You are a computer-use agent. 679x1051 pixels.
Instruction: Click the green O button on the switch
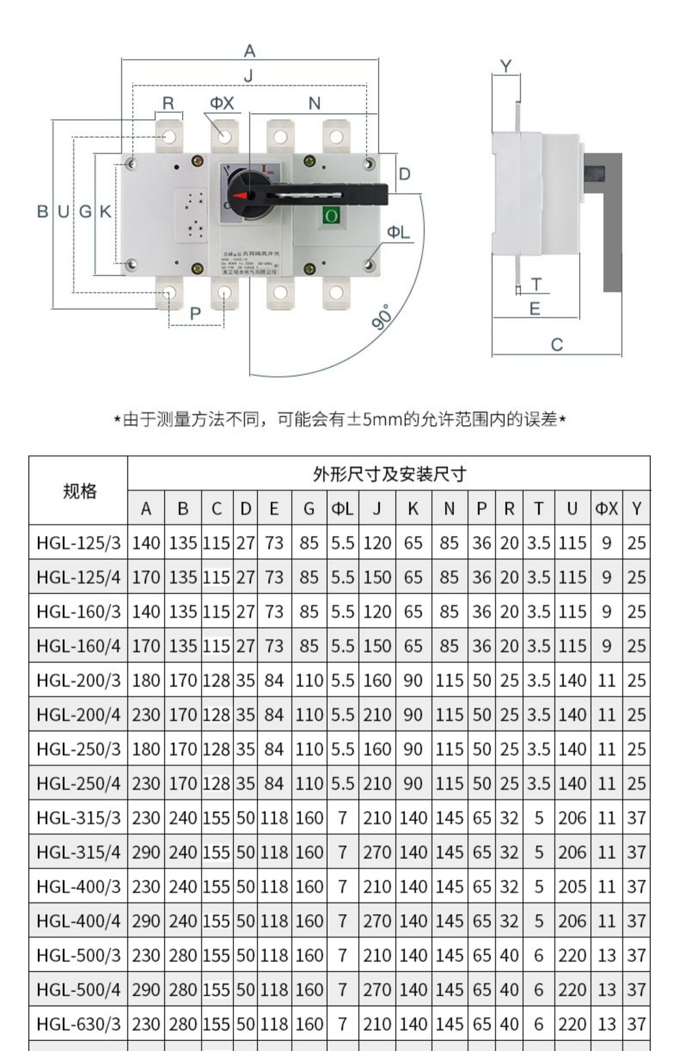[331, 215]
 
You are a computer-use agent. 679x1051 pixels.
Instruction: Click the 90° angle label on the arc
[382, 317]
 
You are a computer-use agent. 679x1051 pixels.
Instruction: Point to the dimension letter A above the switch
[249, 51]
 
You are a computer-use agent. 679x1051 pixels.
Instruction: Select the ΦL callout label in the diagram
[398, 232]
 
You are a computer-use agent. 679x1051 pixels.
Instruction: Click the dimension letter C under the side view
[557, 345]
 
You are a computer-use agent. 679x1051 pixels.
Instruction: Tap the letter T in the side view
[536, 284]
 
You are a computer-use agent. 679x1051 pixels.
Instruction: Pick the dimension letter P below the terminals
[195, 313]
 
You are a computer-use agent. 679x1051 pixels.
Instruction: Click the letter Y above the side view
[506, 66]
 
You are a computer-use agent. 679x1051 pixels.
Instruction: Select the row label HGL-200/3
[79, 680]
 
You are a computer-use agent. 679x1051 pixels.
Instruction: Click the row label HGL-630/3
[79, 1024]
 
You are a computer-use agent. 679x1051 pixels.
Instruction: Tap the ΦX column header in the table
[606, 508]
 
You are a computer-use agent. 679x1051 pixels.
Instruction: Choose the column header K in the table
[413, 508]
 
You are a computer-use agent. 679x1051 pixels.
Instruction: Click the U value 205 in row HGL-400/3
[572, 887]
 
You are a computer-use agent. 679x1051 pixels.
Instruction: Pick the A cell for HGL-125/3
[146, 543]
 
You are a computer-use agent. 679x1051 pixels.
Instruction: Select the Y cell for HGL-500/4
[636, 990]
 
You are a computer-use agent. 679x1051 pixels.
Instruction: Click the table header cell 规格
[79, 491]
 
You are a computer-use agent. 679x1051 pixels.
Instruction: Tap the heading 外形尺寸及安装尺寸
[389, 474]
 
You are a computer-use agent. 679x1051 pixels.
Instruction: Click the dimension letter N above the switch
[314, 103]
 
